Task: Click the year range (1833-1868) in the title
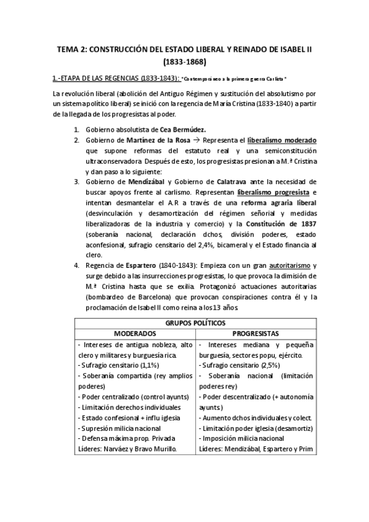185,62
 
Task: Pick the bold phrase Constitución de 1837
284,223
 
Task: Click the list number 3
76,182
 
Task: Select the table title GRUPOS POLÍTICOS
185,322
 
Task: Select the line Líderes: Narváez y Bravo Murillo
127,448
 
